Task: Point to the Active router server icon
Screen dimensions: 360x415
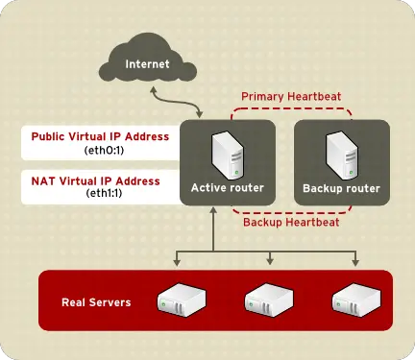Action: pyautogui.click(x=228, y=152)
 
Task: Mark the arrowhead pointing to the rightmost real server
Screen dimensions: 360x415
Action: pyautogui.click(x=355, y=261)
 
